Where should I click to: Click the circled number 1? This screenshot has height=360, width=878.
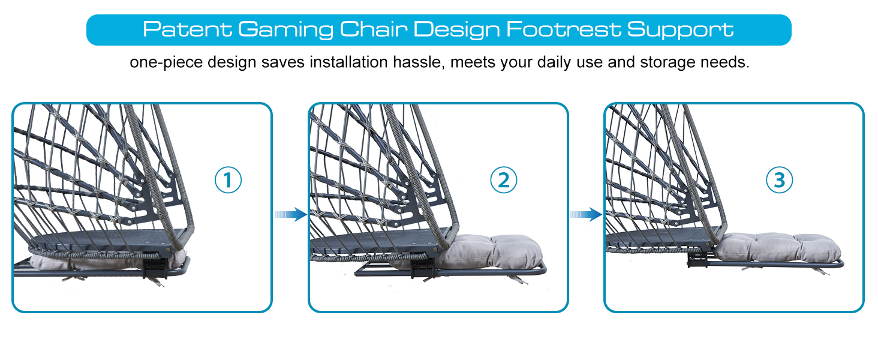(228, 180)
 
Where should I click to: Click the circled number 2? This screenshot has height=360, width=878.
(503, 180)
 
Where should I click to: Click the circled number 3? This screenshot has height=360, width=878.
(779, 180)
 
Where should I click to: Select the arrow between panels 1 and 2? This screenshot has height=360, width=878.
(291, 214)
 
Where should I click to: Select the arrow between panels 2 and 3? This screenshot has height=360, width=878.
(585, 214)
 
